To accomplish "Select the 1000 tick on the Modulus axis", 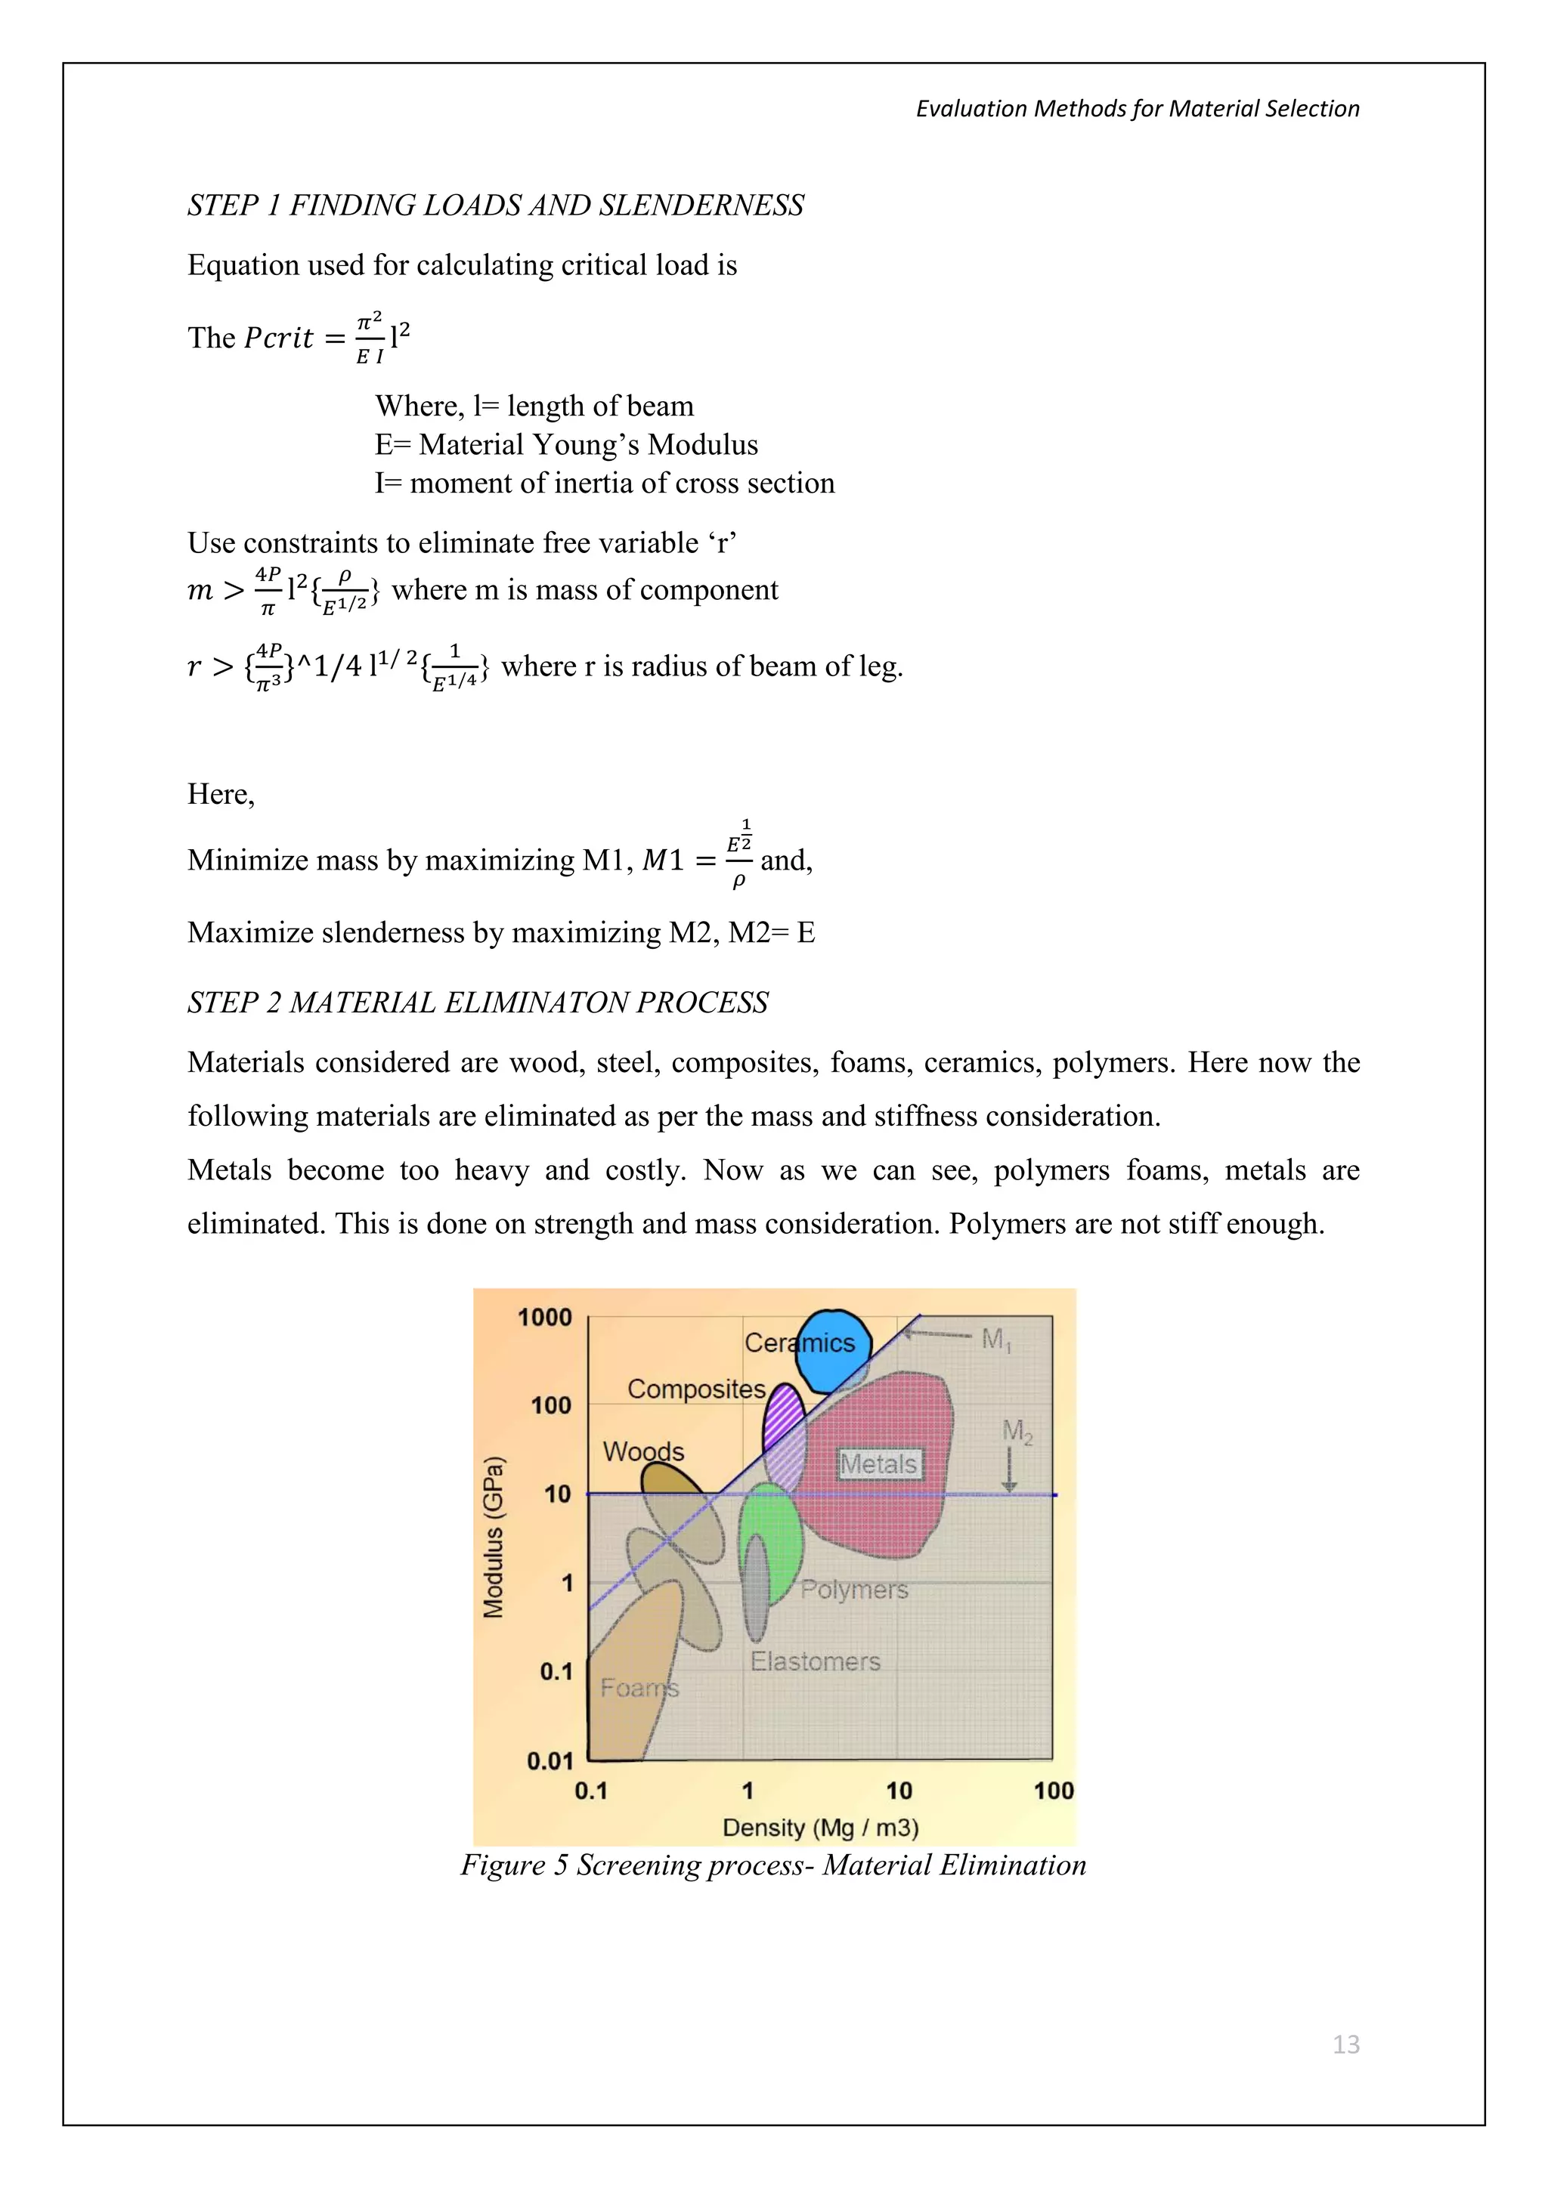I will pyautogui.click(x=544, y=1317).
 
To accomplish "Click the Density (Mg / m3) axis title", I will pyautogui.click(x=820, y=1827).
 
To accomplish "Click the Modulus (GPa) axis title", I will pyautogui.click(x=493, y=1537).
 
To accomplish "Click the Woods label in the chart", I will pyautogui.click(x=643, y=1451).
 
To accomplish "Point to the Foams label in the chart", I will pyautogui.click(x=639, y=1688).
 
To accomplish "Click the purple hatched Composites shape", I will pyautogui.click(x=785, y=1429).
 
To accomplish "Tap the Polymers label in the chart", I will pyautogui.click(x=854, y=1590).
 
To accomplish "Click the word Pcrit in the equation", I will pyautogui.click(x=278, y=338).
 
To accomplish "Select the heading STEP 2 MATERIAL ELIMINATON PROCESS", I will pyautogui.click(x=478, y=1003).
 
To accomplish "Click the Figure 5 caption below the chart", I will pyautogui.click(x=773, y=1865).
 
